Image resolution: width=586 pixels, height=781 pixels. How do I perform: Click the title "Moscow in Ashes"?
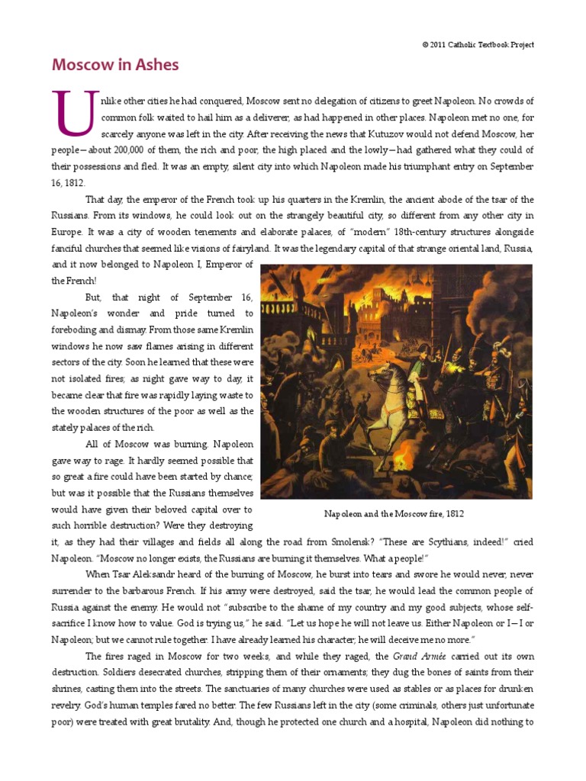point(115,65)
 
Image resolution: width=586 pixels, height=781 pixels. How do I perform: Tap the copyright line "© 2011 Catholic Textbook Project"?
point(478,45)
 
